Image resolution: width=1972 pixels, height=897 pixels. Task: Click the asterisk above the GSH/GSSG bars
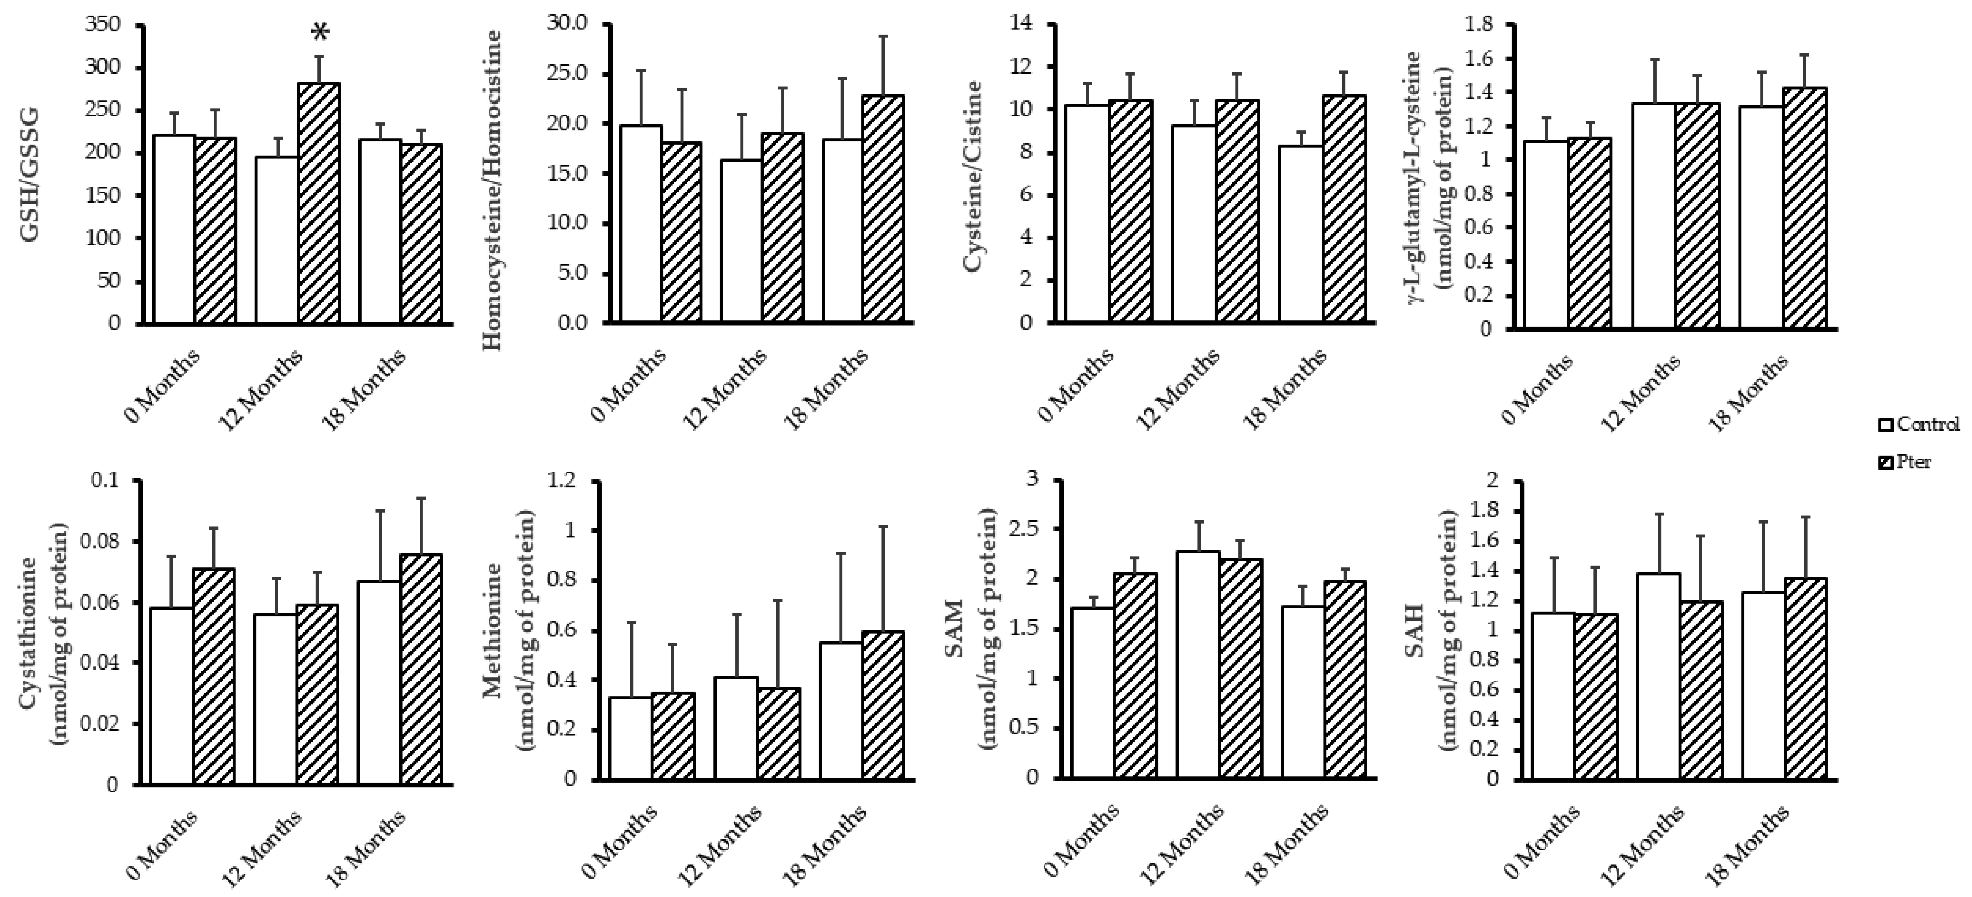click(x=321, y=33)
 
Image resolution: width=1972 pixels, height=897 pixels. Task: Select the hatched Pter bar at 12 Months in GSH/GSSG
click(x=319, y=203)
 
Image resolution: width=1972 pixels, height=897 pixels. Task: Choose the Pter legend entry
click(x=1906, y=462)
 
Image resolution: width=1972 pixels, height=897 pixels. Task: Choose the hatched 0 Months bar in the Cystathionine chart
click(x=214, y=676)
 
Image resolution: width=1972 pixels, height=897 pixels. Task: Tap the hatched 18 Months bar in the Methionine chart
click(x=883, y=705)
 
